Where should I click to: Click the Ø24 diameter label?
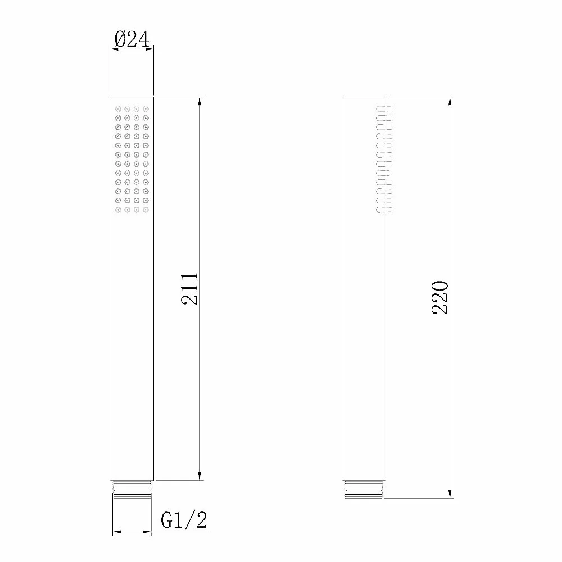click(132, 39)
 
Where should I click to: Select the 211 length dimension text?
click(189, 289)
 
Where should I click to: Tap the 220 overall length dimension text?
click(440, 297)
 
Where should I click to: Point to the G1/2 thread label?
click(184, 520)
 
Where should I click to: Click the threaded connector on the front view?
click(132, 490)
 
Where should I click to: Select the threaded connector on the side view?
click(364, 490)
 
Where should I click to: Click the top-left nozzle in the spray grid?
click(118, 108)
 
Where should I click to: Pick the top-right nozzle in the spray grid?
click(146, 108)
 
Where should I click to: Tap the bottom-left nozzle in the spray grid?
click(118, 210)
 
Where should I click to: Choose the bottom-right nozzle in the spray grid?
click(146, 210)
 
